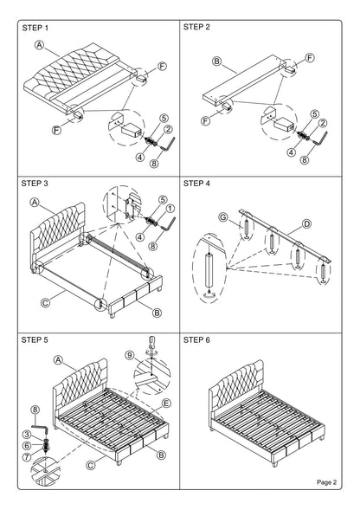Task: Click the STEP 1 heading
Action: (33, 28)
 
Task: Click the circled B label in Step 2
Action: (218, 62)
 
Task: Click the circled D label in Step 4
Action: (305, 223)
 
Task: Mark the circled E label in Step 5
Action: (166, 403)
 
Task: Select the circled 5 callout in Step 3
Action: (161, 198)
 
